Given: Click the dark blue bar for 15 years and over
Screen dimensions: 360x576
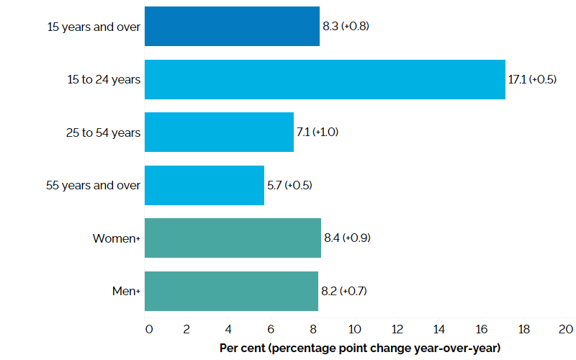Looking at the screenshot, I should [232, 26].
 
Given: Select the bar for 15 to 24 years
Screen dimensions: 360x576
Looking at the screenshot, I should [325, 79].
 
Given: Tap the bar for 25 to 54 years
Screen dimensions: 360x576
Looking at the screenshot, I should [219, 132].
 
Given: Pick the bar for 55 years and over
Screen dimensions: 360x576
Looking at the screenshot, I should [204, 185].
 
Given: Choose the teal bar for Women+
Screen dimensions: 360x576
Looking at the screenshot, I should [233, 238].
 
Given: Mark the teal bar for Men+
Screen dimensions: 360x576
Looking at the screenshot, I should [231, 291].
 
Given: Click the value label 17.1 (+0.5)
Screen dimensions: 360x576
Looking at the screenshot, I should [532, 79].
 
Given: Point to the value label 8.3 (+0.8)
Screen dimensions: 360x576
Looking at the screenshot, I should [346, 27].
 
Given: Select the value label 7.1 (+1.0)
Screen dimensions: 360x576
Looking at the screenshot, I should [318, 132].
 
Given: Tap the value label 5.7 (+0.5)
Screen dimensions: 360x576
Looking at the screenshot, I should [289, 185].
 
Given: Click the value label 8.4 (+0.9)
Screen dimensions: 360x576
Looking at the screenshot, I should [348, 238].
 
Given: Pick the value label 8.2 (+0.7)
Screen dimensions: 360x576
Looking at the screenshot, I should [345, 291].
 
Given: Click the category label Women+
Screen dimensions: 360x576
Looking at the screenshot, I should [116, 238].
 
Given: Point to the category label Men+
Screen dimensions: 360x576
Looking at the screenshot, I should [123, 291].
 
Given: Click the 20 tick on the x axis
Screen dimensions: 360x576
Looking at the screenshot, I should [566, 329].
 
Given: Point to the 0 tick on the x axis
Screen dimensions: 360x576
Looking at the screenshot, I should [149, 329].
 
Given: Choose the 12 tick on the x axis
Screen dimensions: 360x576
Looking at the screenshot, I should [397, 329].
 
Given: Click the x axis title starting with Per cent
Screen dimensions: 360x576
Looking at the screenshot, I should [359, 348].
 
